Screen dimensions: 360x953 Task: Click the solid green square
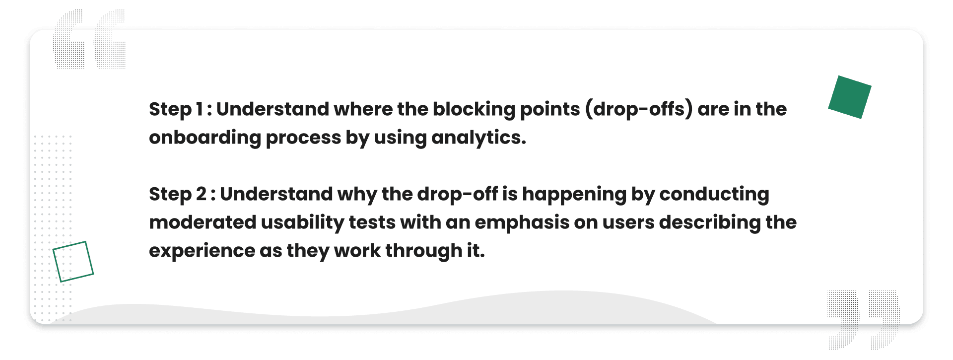coord(850,97)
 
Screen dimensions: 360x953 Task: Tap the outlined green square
coord(73,262)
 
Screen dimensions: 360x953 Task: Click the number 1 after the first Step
coord(199,109)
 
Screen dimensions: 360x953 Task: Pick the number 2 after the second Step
coord(201,194)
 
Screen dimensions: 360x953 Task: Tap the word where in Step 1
coord(363,109)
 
